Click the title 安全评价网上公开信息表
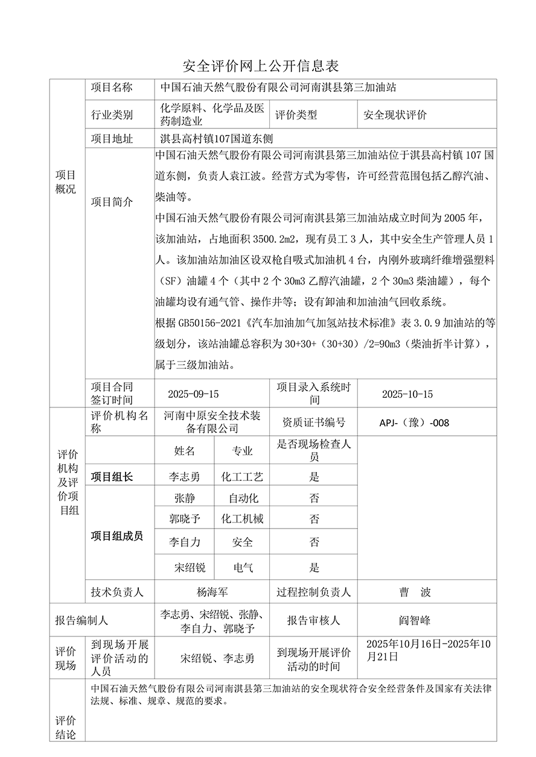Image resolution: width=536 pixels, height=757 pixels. tap(260, 66)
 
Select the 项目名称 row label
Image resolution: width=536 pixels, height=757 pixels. tap(112, 88)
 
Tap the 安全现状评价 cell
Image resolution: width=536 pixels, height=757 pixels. tap(395, 115)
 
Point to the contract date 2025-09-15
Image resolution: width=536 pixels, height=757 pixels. tap(193, 394)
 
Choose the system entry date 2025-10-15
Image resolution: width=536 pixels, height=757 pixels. tap(407, 394)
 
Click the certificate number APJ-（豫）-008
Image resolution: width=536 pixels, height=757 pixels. tap(414, 422)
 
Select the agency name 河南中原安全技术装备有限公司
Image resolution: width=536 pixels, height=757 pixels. tap(212, 422)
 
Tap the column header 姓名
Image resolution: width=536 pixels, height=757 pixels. tap(185, 451)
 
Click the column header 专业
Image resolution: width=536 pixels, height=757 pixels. tap(242, 451)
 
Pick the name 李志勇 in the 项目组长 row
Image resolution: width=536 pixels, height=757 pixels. tap(185, 477)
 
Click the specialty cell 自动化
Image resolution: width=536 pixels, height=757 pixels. tap(243, 498)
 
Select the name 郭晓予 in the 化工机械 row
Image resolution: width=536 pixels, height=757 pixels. tap(185, 519)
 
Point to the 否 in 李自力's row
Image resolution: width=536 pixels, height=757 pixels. tap(314, 542)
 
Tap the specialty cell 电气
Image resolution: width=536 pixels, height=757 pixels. tap(243, 567)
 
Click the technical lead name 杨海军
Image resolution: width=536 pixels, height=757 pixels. tap(212, 592)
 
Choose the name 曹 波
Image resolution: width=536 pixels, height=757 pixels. tap(415, 592)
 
